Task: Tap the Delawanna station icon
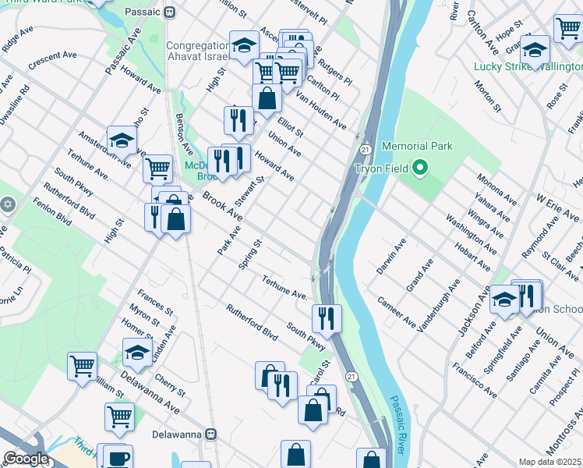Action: click(x=210, y=433)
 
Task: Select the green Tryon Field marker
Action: click(x=420, y=168)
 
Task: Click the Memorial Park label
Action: click(x=417, y=146)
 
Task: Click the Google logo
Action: click(x=26, y=459)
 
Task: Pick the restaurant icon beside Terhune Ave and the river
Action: click(x=326, y=317)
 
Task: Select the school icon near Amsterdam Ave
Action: click(x=122, y=140)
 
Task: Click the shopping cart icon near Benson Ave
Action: click(x=157, y=167)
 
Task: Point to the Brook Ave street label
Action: click(x=222, y=206)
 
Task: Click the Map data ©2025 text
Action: click(x=550, y=462)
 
